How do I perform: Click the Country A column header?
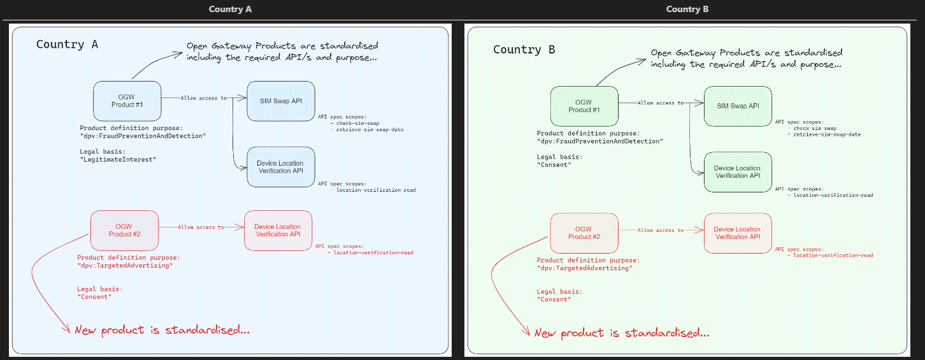click(x=230, y=9)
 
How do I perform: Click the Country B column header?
click(x=687, y=9)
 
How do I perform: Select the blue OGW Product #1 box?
click(x=127, y=101)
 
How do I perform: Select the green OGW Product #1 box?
click(x=584, y=106)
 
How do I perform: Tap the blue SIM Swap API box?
click(x=280, y=101)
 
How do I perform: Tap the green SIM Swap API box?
click(x=738, y=106)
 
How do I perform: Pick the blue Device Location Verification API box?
click(x=280, y=167)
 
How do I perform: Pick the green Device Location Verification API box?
click(x=738, y=172)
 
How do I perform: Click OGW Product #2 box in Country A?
click(x=124, y=230)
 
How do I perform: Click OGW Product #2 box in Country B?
click(x=584, y=233)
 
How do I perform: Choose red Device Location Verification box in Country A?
click(x=277, y=230)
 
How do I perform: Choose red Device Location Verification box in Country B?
click(x=737, y=233)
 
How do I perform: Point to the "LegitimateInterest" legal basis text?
click(x=118, y=160)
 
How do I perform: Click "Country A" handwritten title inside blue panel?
click(x=67, y=44)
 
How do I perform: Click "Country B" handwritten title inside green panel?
click(x=524, y=50)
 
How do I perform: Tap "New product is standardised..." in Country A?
click(x=162, y=330)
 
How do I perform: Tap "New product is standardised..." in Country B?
click(x=621, y=333)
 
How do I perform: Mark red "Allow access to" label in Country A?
click(x=201, y=227)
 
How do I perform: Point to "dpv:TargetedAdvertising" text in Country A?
click(x=125, y=265)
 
